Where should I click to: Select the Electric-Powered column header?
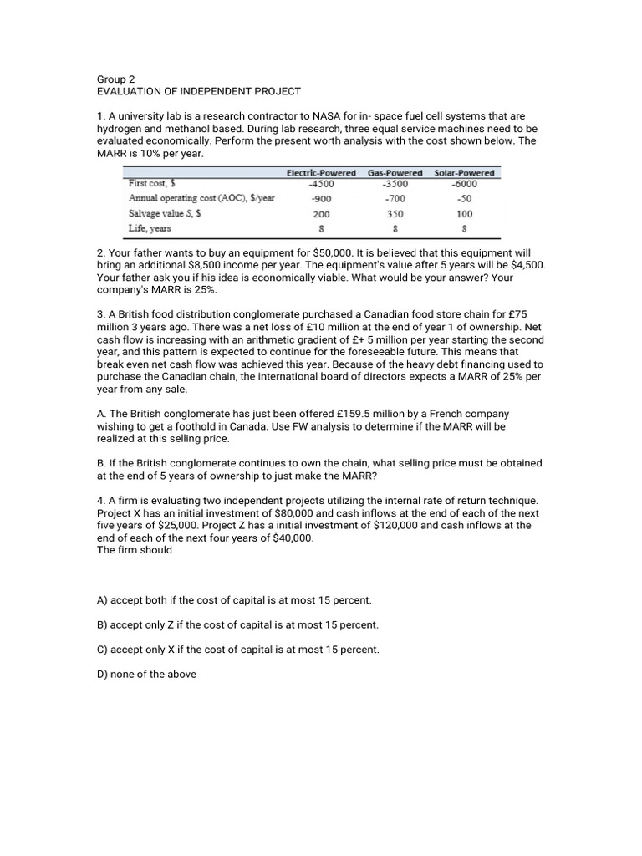point(321,173)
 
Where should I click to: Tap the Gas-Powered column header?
point(395,173)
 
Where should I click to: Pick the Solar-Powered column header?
point(464,173)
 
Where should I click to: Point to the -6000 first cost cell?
point(464,183)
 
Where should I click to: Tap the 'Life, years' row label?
point(150,229)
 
